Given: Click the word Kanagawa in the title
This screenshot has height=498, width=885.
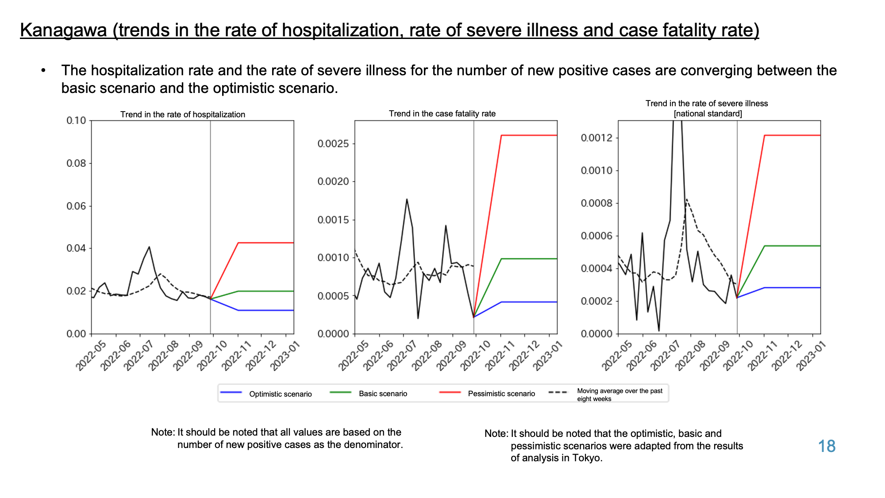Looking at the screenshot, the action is (x=64, y=31).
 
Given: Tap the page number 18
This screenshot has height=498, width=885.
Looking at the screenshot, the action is (x=827, y=446).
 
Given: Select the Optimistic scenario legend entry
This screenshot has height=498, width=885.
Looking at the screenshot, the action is (x=266, y=394).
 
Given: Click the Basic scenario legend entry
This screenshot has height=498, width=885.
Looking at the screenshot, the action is (x=369, y=393).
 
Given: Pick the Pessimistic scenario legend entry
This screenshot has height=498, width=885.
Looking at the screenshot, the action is (x=487, y=393).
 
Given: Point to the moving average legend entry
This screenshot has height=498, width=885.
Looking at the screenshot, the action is (x=606, y=394).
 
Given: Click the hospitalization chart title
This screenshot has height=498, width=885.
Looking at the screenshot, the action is (x=183, y=114).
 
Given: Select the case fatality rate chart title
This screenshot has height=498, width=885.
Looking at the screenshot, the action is (x=442, y=113).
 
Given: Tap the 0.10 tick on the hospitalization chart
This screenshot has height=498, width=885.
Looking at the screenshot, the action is (x=76, y=120).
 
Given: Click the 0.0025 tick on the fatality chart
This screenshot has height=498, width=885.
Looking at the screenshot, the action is (x=333, y=143).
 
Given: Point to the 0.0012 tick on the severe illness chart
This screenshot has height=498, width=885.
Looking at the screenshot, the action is (x=596, y=138).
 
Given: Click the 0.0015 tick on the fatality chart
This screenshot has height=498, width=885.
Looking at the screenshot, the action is (x=333, y=220).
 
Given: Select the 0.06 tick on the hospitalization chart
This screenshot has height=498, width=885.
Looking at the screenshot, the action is (x=76, y=206).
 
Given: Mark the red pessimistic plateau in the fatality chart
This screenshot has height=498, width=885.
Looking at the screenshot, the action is (x=529, y=135).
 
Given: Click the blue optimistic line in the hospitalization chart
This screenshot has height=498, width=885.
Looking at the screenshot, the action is (x=252, y=310).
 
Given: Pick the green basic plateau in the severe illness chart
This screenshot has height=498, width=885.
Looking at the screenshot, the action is (x=793, y=246).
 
